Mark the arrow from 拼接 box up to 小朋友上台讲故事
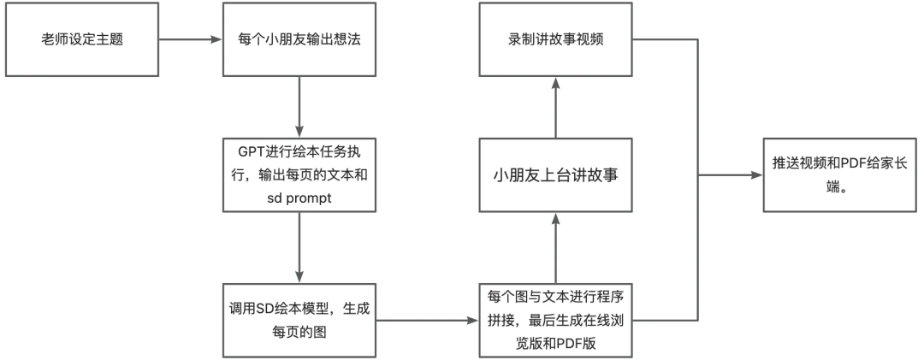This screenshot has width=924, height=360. coord(556,248)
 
